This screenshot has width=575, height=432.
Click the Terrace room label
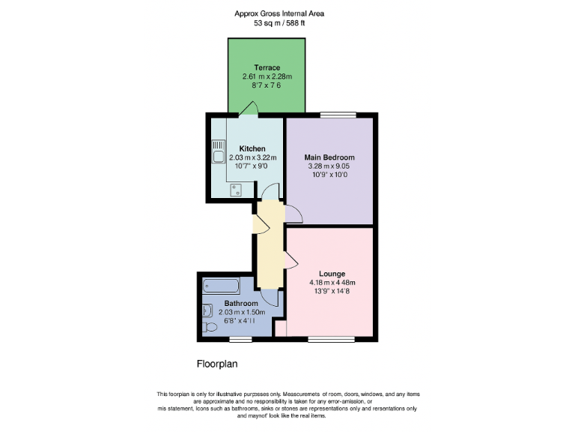(x=267, y=68)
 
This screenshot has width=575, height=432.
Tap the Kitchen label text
(x=252, y=148)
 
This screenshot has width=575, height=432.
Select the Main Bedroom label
(x=329, y=157)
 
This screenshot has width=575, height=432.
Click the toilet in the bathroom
(x=210, y=327)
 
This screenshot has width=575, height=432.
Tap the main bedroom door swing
(x=293, y=214)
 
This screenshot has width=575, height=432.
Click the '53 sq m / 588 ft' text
(x=279, y=23)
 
